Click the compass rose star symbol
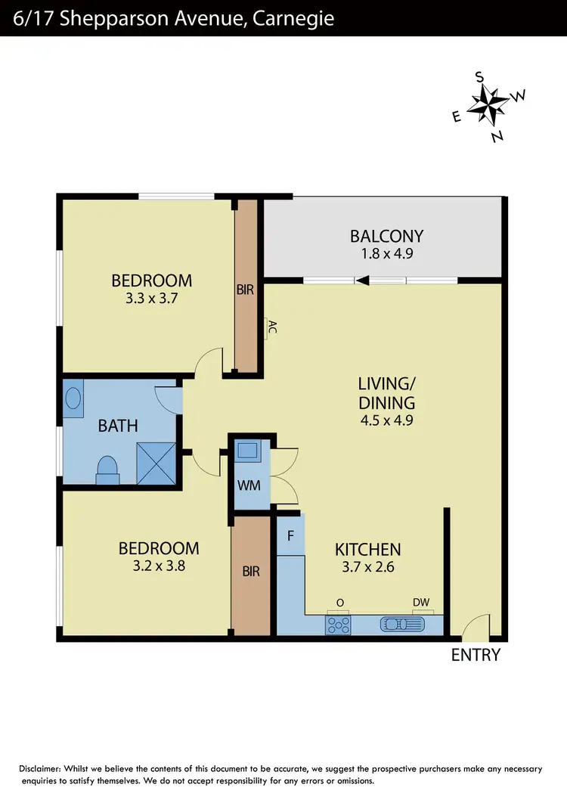click(x=488, y=105)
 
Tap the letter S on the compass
click(x=479, y=76)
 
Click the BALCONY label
click(x=386, y=236)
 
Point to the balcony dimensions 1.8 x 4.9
click(x=386, y=254)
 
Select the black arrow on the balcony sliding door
click(x=363, y=281)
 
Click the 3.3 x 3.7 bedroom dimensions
click(x=151, y=299)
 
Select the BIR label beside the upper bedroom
click(x=245, y=289)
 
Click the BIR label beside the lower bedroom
click(x=251, y=572)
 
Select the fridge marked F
click(x=290, y=535)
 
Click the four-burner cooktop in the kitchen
click(x=338, y=625)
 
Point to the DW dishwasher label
click(x=421, y=603)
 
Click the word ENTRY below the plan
click(x=476, y=655)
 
